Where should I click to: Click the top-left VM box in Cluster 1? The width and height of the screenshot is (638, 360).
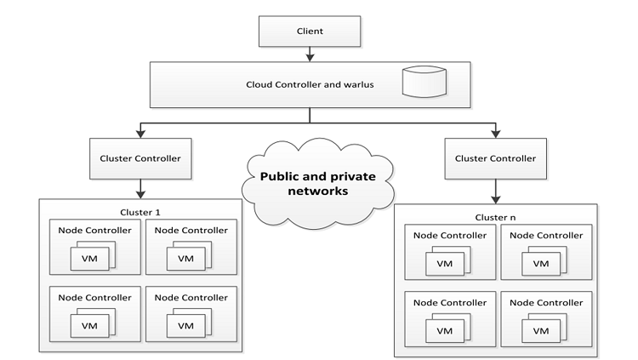point(88,258)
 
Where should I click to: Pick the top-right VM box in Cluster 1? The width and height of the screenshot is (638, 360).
point(186,258)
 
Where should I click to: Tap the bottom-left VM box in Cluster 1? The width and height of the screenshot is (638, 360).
point(88,325)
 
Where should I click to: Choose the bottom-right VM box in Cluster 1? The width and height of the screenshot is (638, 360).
point(186,325)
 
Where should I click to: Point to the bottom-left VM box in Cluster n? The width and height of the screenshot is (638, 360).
point(443,332)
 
